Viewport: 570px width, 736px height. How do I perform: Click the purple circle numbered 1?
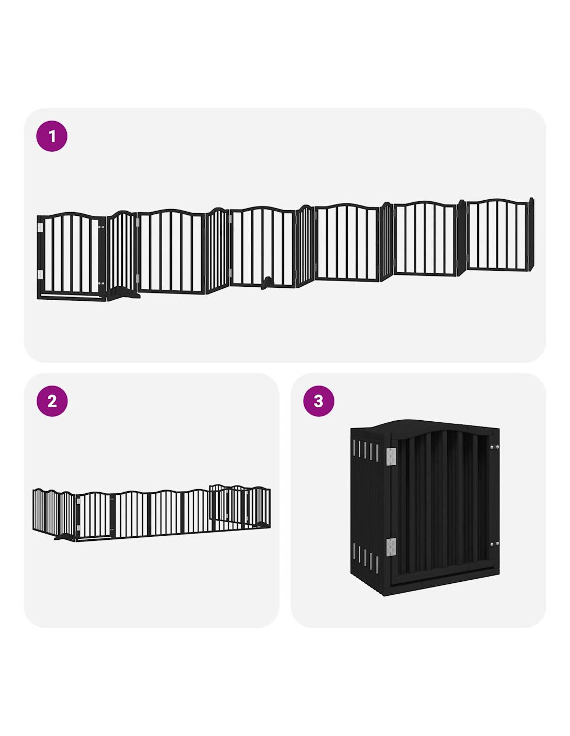click(x=52, y=136)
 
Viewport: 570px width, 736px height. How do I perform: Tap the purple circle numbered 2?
click(x=52, y=401)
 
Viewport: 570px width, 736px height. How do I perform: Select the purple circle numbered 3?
click(x=319, y=401)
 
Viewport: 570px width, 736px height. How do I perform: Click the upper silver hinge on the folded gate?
click(x=392, y=456)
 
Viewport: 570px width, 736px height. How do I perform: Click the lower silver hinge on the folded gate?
click(x=392, y=547)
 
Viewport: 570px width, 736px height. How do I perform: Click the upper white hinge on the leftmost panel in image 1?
click(x=41, y=228)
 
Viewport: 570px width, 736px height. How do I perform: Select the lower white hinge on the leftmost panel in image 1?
click(x=41, y=274)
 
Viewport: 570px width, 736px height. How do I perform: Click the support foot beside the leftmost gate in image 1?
click(x=124, y=292)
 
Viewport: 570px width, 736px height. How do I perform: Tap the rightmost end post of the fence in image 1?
click(x=531, y=234)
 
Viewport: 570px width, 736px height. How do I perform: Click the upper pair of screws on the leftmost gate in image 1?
click(x=101, y=227)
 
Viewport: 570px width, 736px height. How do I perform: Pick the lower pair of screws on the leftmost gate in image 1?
click(x=101, y=283)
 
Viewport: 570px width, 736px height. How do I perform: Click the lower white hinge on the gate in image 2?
click(x=78, y=528)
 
